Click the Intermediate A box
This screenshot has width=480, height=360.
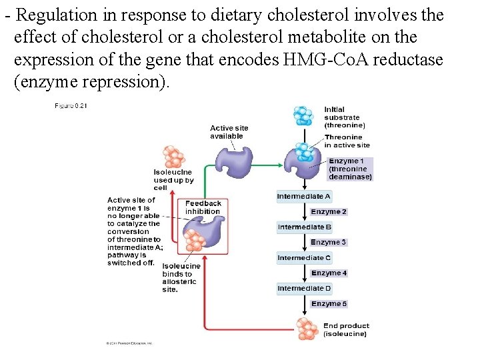point(304,197)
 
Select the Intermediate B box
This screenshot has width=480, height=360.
point(304,227)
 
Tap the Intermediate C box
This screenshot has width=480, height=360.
point(304,258)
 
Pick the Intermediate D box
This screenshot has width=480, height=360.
point(304,289)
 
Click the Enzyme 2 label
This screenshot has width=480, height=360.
point(329,212)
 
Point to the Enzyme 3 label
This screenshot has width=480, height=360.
point(329,243)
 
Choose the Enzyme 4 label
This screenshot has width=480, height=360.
point(329,273)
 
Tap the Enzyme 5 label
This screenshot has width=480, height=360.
point(329,304)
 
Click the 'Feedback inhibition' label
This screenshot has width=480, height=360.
point(203,207)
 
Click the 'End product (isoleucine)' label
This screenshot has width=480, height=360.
point(345,330)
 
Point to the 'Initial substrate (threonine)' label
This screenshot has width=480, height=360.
point(344,117)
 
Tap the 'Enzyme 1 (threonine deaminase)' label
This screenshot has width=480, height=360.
point(350,169)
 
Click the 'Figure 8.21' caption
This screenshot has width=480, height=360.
point(71,105)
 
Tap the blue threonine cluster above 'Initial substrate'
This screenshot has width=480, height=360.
point(303,116)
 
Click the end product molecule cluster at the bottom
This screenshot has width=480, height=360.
point(307,328)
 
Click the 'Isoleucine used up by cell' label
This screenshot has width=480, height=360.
point(173,180)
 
